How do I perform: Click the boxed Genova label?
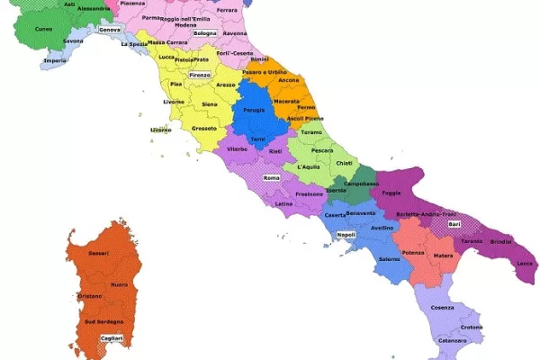pos(109,30)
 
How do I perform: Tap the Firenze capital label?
pos(200,75)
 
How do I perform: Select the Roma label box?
pos(271,178)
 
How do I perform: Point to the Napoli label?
pos(346,235)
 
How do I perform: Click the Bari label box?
pos(454,223)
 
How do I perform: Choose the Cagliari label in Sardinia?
pos(112,337)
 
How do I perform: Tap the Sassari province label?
pos(98,254)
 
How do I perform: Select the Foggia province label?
pos(391,192)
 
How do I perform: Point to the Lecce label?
pos(525,263)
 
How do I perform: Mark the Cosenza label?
pos(442,308)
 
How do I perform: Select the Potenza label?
pos(413,253)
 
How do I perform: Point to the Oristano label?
pos(91,295)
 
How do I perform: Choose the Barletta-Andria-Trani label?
pos(426,214)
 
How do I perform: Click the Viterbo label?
pos(238,148)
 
